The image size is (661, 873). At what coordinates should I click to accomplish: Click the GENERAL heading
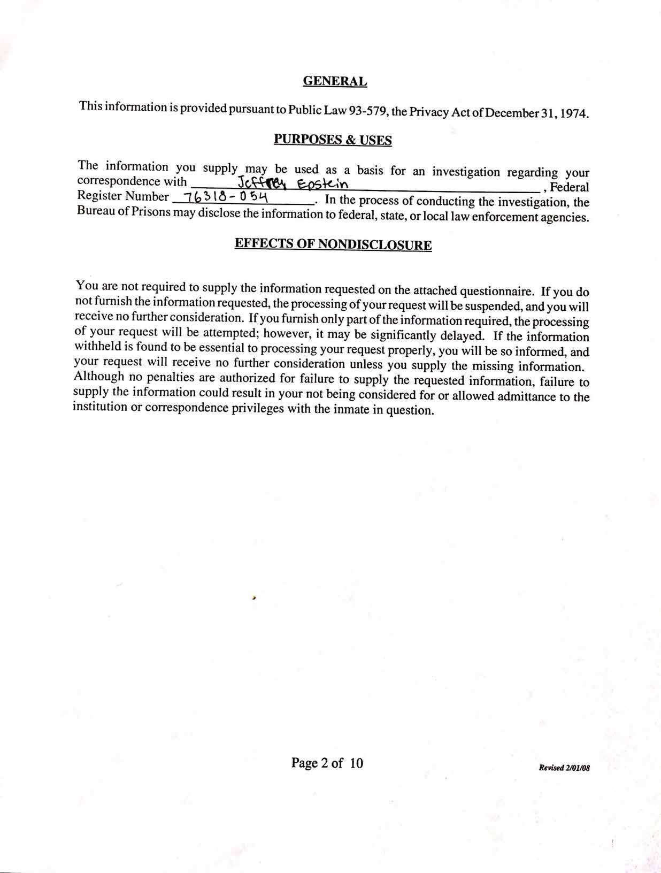coord(335,81)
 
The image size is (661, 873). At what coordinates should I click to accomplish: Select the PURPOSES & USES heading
coord(333,140)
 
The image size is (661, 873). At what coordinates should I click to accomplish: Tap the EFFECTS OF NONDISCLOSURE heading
coord(333,244)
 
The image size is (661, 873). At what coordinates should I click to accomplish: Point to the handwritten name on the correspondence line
coord(293,183)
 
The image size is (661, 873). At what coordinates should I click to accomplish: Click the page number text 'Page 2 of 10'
coord(327,762)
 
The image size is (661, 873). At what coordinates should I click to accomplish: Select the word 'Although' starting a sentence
coord(99,376)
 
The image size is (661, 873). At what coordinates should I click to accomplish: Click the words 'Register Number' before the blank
coord(123,196)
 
